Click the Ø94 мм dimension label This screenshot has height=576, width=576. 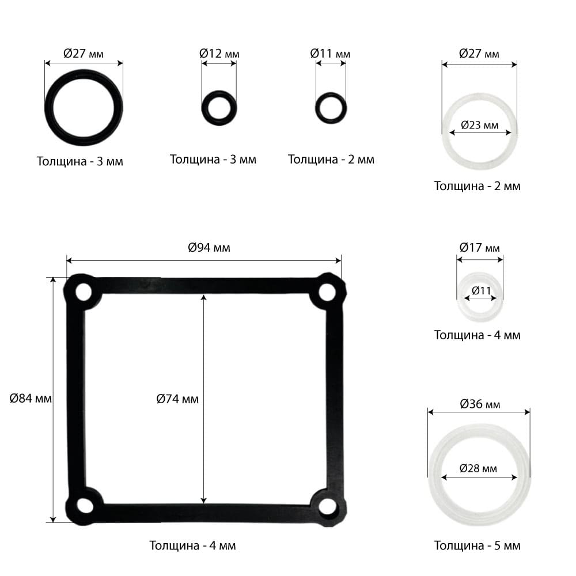click(x=209, y=248)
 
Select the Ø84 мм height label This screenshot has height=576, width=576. click(x=31, y=398)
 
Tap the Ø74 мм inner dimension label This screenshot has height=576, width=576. click(x=177, y=399)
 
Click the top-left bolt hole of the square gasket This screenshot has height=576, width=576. click(x=84, y=293)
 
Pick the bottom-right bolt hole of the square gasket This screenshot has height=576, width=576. click(x=327, y=506)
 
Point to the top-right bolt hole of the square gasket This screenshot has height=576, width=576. click(x=327, y=293)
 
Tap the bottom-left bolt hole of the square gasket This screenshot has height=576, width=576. click(x=85, y=506)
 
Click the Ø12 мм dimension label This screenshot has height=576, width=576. click(x=219, y=54)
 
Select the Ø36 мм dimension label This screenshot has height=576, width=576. click(x=480, y=404)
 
